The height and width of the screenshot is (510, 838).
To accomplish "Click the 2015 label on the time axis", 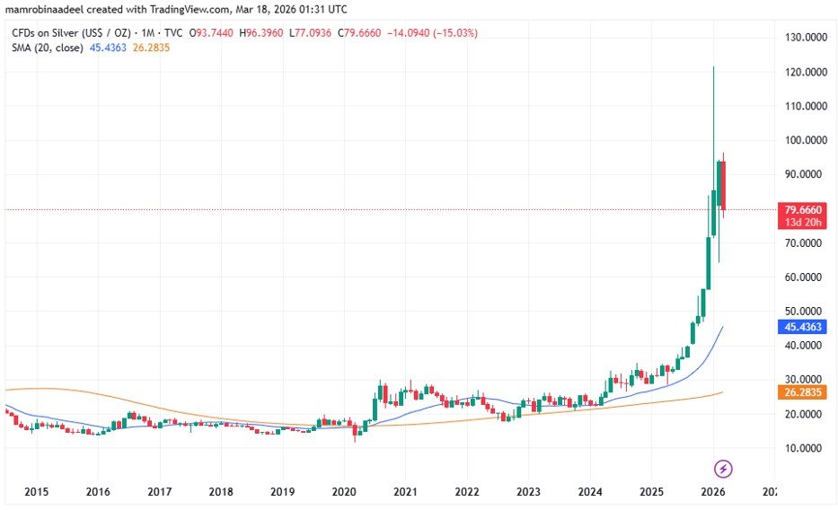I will click(37, 492).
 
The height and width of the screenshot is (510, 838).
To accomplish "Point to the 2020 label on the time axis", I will click(344, 492).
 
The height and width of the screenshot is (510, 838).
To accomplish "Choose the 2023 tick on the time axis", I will click(528, 492).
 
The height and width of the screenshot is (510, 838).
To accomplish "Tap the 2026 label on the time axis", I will click(713, 492).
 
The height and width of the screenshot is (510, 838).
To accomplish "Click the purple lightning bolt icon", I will click(724, 469).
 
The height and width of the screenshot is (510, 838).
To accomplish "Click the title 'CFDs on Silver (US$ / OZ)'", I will click(69, 33).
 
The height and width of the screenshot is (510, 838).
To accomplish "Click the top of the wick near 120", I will click(714, 67).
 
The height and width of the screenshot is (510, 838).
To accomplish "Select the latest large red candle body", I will click(724, 185).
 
